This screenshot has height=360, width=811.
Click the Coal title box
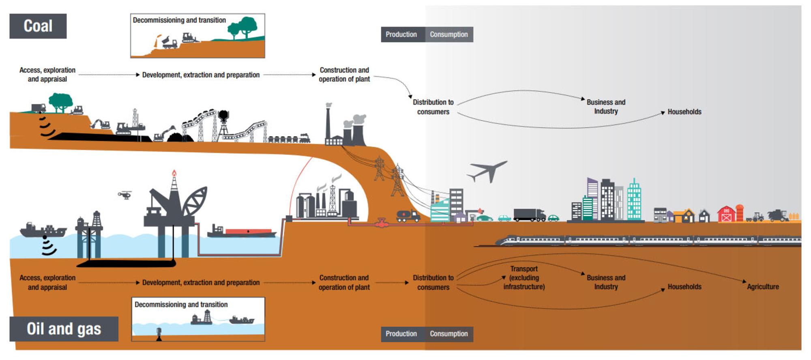click(38, 26)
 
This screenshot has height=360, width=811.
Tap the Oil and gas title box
click(64, 329)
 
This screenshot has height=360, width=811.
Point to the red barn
click(727, 214)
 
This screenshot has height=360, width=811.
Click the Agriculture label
click(763, 287)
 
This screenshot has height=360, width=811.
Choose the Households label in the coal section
click(684, 112)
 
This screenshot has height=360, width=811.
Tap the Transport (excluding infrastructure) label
click(524, 278)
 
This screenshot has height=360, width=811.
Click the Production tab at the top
click(401, 34)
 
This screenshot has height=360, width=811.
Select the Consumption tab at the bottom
click(448, 334)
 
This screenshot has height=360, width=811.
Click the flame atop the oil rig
click(174, 173)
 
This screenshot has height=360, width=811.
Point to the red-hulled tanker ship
click(243, 232)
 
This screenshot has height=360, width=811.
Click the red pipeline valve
click(381, 223)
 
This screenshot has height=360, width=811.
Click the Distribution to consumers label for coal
click(433, 107)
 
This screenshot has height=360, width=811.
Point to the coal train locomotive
click(305, 138)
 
